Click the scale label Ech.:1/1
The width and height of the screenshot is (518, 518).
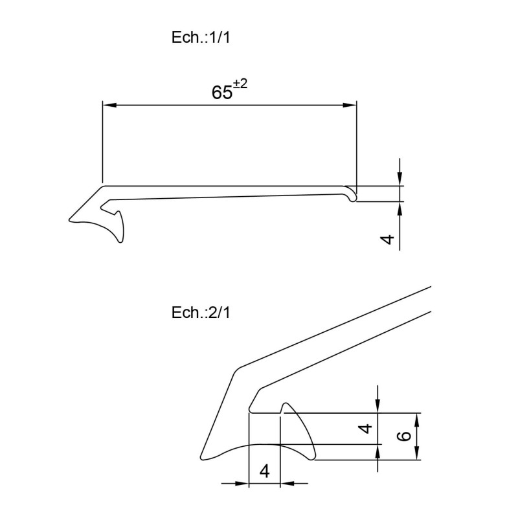[x=201, y=38]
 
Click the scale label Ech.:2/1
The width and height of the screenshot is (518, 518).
[x=201, y=313]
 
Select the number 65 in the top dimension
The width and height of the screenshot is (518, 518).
[x=221, y=93]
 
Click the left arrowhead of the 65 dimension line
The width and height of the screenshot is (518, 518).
[x=108, y=104]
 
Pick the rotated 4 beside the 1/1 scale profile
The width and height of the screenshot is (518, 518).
[x=387, y=239]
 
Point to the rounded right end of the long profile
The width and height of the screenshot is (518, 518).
[x=353, y=194]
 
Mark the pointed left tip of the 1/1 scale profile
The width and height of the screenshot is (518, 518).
[x=69, y=222]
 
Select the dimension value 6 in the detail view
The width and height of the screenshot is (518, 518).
[x=403, y=436]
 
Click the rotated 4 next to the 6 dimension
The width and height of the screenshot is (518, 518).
[x=366, y=428]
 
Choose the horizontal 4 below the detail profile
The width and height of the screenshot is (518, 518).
[x=264, y=471]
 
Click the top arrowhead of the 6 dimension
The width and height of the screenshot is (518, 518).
[x=417, y=418]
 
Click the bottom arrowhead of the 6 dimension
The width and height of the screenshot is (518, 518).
[x=417, y=456]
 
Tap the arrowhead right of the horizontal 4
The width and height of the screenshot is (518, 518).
[x=285, y=482]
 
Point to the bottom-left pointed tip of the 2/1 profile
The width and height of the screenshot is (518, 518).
[x=203, y=458]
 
